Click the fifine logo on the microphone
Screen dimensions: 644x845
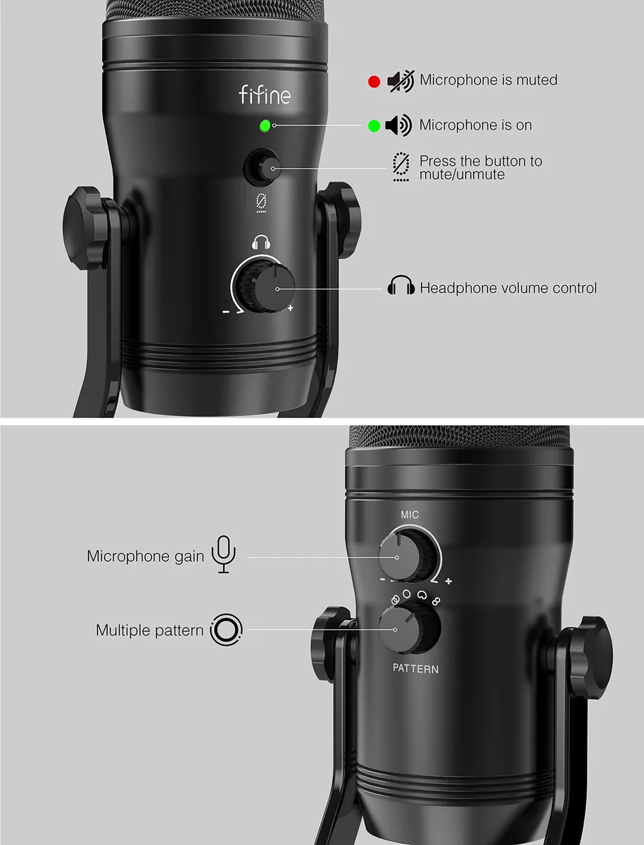pos(265,94)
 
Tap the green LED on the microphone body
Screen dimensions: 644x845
pos(265,126)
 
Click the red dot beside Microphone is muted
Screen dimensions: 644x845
pos(374,82)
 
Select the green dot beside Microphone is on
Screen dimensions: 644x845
pos(374,126)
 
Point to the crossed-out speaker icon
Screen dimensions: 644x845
pos(400,81)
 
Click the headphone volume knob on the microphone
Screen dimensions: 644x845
pos(270,287)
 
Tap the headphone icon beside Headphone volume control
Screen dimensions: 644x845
pos(401,285)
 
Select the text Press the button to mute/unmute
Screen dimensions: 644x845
pos(481,168)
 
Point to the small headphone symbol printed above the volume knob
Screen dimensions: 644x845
pos(261,242)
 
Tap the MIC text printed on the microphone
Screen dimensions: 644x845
pos(410,515)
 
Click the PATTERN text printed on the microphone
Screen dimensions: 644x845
pos(415,669)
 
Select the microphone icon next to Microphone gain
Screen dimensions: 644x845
pos(224,554)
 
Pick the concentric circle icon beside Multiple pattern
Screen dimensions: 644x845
pos(226,630)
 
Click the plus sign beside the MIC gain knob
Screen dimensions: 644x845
pos(448,581)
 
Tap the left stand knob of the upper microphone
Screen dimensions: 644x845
pos(85,228)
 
